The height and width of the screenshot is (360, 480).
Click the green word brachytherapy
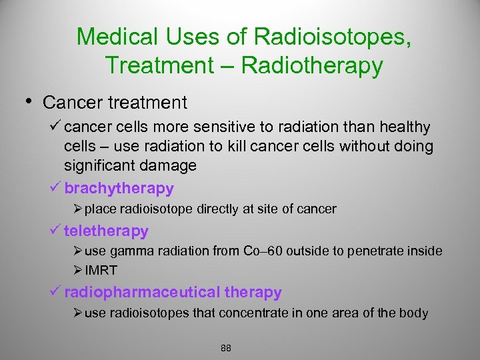coord(119,189)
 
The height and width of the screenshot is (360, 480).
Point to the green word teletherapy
coord(106,231)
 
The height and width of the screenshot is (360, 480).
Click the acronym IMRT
coord(101,271)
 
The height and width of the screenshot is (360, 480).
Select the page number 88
coord(225,348)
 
